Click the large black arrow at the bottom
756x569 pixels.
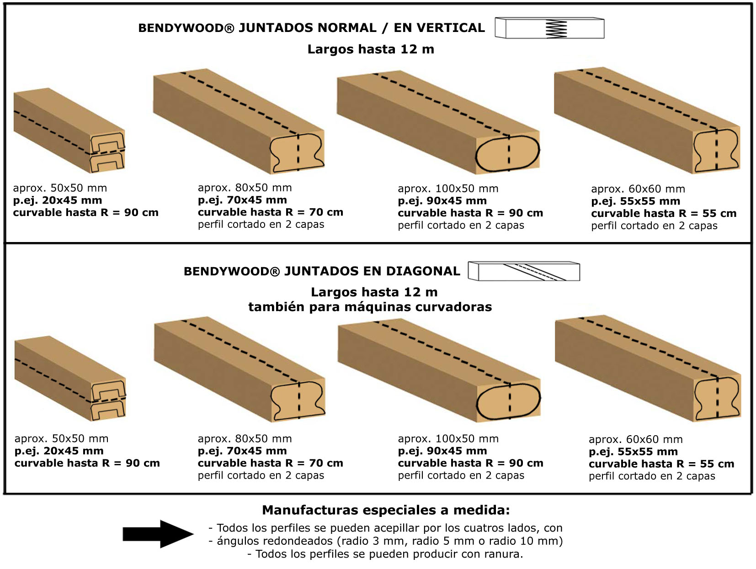point(158,534)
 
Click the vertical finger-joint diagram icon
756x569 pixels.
point(550,28)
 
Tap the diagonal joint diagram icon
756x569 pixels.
point(524,271)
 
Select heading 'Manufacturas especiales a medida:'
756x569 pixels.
point(385,510)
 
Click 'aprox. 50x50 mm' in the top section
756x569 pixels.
point(60,188)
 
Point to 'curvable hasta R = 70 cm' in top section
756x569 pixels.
point(270,212)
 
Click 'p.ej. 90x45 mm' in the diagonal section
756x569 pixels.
point(442,451)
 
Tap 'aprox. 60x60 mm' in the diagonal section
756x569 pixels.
point(635,439)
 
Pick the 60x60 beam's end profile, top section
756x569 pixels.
point(716,151)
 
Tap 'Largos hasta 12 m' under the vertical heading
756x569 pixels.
point(370,49)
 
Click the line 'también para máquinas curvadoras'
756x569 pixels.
point(370,307)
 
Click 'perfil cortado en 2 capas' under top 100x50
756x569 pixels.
point(461,225)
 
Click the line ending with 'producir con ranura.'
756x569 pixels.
point(385,554)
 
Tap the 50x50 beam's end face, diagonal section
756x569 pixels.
point(108,400)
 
